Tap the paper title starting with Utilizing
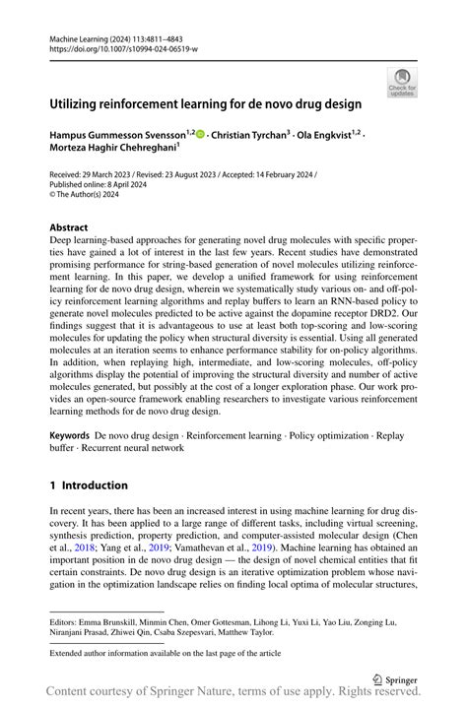click(206, 102)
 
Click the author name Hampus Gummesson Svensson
click(118, 135)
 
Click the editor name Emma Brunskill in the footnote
click(112, 622)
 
